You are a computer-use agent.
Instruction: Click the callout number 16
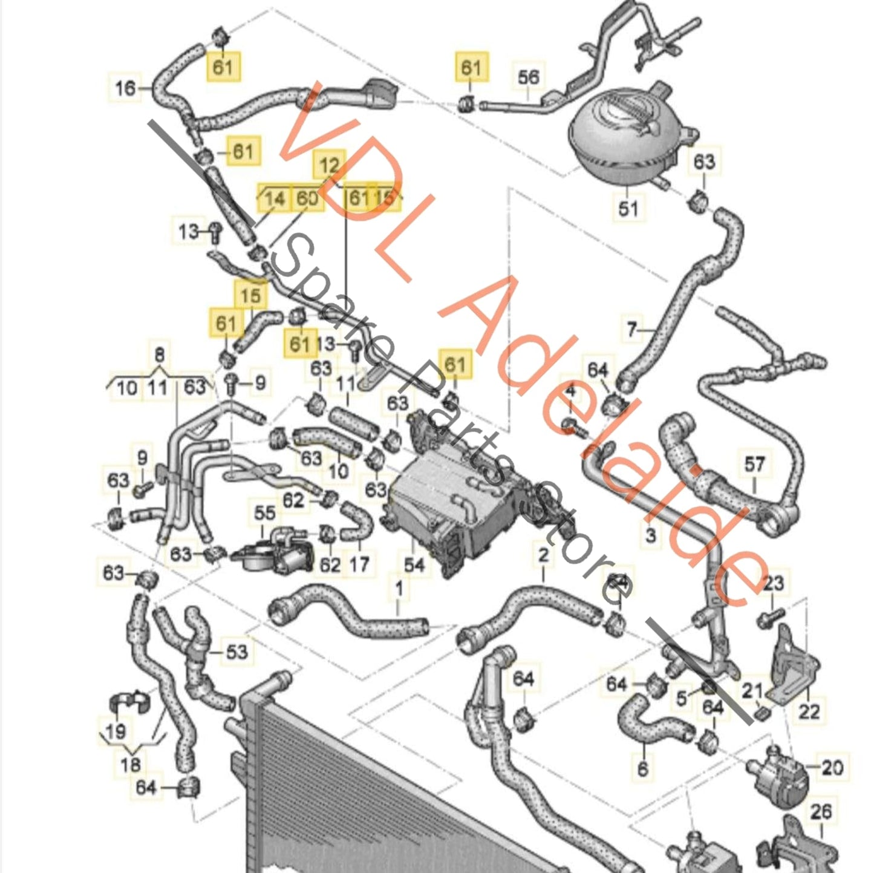pyautogui.click(x=125, y=88)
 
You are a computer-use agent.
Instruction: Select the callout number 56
pyautogui.click(x=528, y=77)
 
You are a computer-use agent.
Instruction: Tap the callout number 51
pyautogui.click(x=628, y=209)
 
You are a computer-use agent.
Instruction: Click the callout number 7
pyautogui.click(x=631, y=329)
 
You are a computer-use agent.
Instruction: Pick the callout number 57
pyautogui.click(x=754, y=465)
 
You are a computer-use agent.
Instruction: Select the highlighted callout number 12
pyautogui.click(x=329, y=165)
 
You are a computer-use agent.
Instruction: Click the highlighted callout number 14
pyautogui.click(x=274, y=198)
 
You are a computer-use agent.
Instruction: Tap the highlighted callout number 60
pyautogui.click(x=307, y=198)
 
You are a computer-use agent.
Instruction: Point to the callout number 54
pyautogui.click(x=414, y=565)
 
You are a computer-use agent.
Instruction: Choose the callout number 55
pyautogui.click(x=264, y=513)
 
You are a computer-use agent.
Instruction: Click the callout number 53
pyautogui.click(x=236, y=652)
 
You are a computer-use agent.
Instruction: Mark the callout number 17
pyautogui.click(x=359, y=565)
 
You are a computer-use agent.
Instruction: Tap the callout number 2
pyautogui.click(x=543, y=554)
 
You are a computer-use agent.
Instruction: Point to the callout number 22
pyautogui.click(x=809, y=711)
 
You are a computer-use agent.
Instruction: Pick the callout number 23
pyautogui.click(x=773, y=583)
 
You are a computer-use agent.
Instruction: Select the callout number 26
pyautogui.click(x=821, y=811)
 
